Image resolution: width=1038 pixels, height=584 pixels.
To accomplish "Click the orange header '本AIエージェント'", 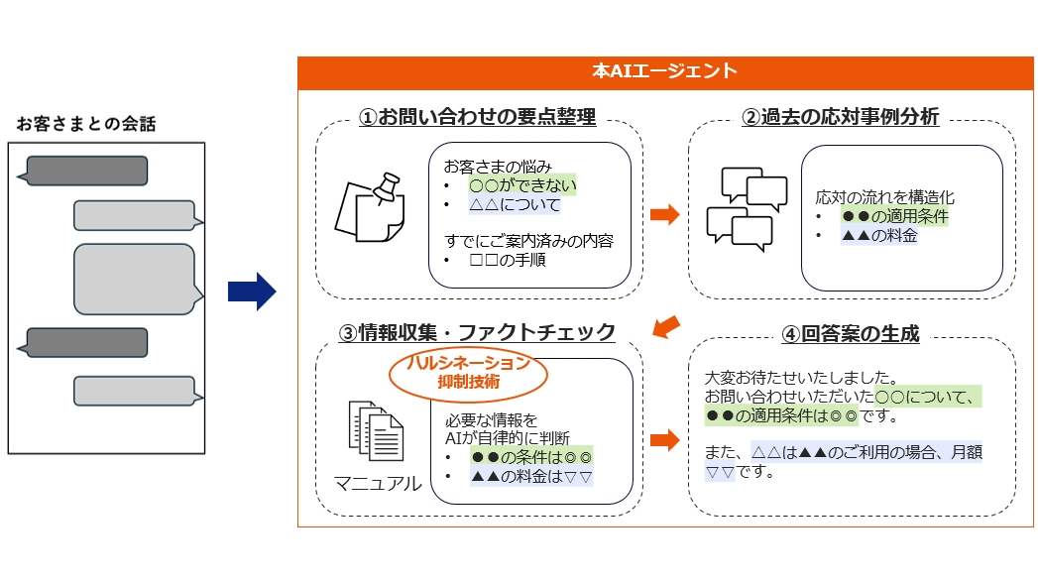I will tap(665, 71).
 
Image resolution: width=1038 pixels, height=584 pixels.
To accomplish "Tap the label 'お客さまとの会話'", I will tap(86, 124).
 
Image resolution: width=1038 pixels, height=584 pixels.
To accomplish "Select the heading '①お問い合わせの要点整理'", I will tap(477, 117).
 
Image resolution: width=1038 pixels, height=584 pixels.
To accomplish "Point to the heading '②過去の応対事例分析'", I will tap(840, 117).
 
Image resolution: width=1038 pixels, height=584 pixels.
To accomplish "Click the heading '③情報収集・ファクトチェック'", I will tap(477, 332).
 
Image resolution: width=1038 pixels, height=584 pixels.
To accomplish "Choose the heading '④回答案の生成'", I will tap(850, 334).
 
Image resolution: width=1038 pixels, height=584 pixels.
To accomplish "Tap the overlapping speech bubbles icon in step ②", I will tap(739, 209).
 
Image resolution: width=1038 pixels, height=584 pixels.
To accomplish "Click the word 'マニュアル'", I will tap(377, 484).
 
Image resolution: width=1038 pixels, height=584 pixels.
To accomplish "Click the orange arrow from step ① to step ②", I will tap(663, 214).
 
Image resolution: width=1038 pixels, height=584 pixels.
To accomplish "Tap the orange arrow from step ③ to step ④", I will tap(663, 439).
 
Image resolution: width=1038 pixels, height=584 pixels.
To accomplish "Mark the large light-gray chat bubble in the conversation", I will tap(136, 280).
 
